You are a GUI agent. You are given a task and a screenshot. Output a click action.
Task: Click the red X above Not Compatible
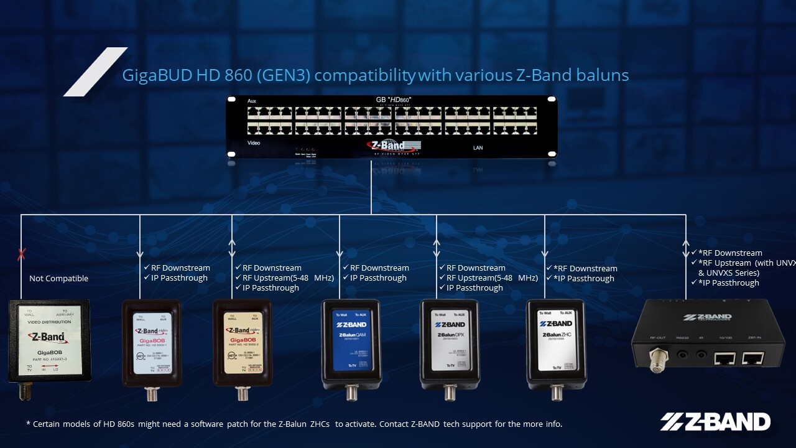click(x=22, y=254)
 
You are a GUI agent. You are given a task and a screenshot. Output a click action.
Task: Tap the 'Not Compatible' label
click(x=58, y=279)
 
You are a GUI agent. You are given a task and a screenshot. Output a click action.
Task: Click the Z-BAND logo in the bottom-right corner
click(x=715, y=422)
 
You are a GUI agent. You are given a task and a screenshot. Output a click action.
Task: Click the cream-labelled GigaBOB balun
click(x=242, y=345)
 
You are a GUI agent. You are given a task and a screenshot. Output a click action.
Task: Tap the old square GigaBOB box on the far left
click(x=49, y=341)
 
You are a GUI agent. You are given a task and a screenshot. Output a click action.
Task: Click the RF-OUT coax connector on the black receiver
click(x=657, y=360)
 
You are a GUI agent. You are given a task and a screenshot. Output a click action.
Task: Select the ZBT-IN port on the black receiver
click(x=753, y=358)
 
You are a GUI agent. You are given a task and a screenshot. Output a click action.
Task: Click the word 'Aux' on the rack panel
click(x=252, y=101)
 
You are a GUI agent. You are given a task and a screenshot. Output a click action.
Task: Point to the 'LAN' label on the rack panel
click(x=478, y=148)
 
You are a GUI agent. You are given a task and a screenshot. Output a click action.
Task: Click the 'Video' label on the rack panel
click(x=254, y=143)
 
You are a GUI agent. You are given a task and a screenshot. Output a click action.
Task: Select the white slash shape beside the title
click(x=96, y=72)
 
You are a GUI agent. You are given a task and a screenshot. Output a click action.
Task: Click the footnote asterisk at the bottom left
click(x=28, y=424)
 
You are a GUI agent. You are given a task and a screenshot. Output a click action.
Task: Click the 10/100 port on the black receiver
click(x=725, y=358)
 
